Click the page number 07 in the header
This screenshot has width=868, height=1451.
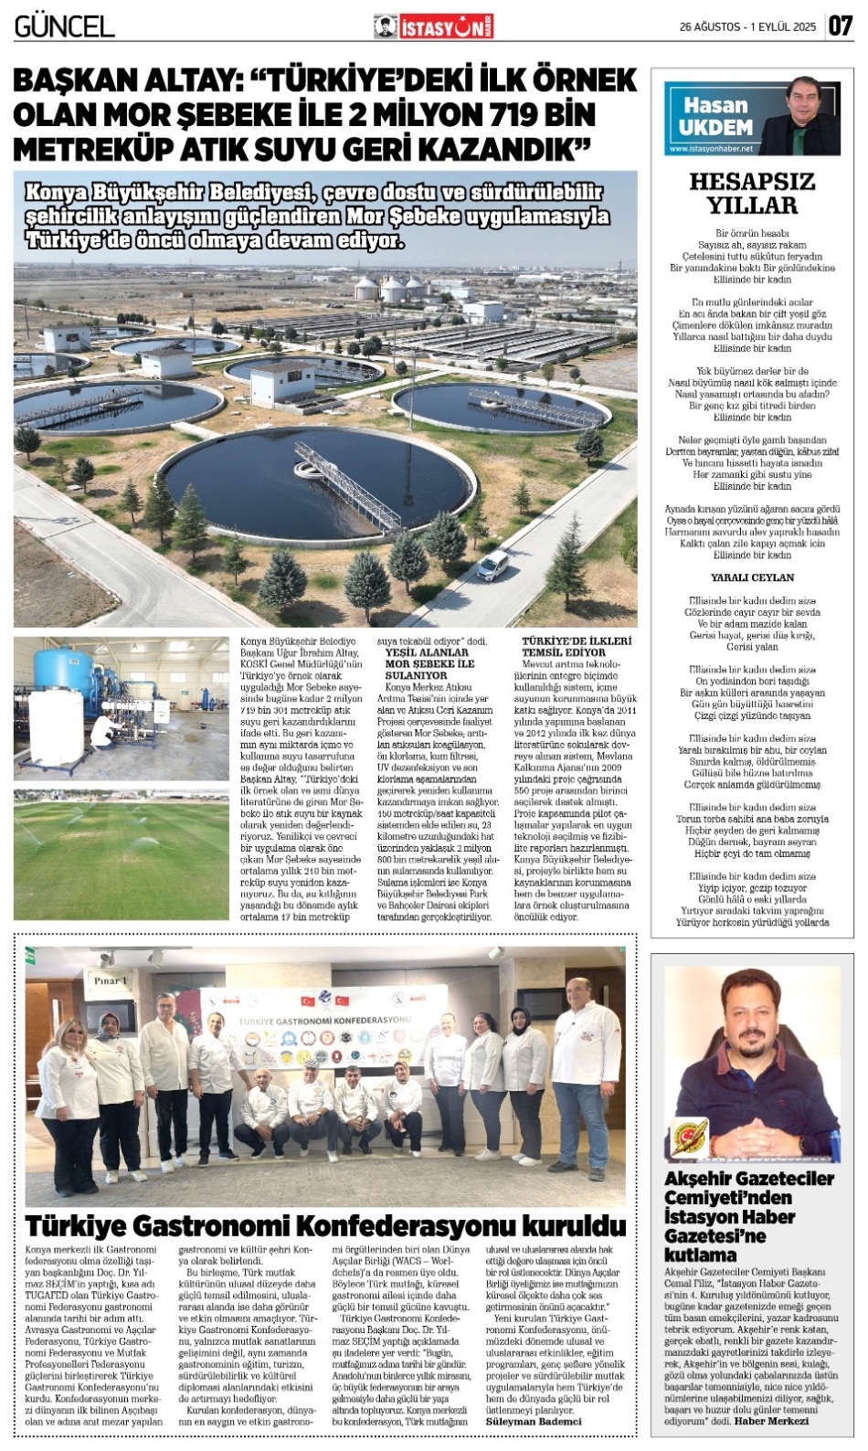coord(841,26)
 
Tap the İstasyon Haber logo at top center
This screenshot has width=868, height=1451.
coord(433,27)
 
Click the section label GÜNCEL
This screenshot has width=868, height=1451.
coord(64,26)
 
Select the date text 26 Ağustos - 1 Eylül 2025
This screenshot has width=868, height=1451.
coord(747,27)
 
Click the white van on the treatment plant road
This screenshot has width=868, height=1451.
coord(492,566)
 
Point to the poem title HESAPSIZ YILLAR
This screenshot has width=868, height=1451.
coord(752,194)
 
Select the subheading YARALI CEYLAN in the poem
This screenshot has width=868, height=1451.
coord(752,577)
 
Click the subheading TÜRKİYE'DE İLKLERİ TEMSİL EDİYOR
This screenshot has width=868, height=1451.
coord(577,647)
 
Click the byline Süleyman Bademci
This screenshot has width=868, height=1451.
coord(533,1422)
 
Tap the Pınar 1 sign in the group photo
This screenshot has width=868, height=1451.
coord(111,980)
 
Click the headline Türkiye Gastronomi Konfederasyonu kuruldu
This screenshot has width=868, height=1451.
coord(325,1225)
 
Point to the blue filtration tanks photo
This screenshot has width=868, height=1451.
coord(121,708)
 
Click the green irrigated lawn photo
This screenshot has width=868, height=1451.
coord(121,859)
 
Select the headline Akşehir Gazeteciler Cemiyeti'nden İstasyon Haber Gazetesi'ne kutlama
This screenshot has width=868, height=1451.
coord(749,1216)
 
